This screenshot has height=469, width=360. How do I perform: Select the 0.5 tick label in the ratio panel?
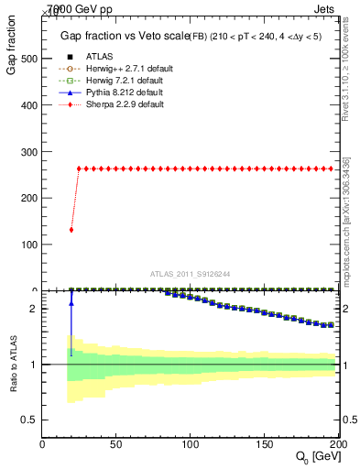tap(28, 420)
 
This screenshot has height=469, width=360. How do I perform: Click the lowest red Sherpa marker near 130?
tap(71, 230)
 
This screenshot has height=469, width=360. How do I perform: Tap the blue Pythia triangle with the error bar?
tap(71, 302)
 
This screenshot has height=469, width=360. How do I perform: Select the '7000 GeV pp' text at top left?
tap(81, 8)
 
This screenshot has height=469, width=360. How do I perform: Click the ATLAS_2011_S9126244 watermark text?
tap(191, 272)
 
